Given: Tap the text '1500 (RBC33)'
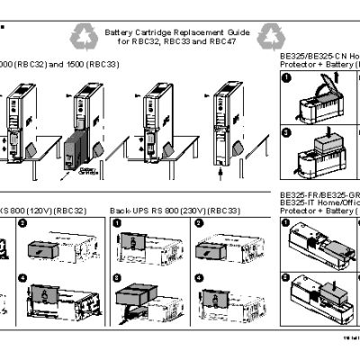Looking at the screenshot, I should click(x=91, y=66).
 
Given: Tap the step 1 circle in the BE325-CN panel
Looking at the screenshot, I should click(x=288, y=78).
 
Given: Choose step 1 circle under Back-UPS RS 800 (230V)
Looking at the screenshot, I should click(x=117, y=221).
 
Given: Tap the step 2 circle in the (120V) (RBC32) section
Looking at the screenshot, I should click(x=24, y=221).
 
